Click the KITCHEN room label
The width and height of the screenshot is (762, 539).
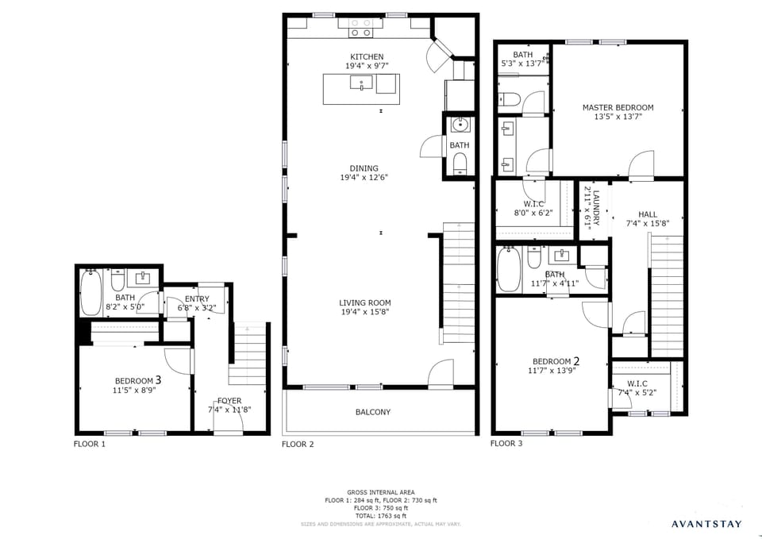[367, 57]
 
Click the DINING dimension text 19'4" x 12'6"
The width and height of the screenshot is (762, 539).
[364, 178]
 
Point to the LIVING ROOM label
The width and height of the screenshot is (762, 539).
[364, 302]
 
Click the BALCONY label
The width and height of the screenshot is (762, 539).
[372, 412]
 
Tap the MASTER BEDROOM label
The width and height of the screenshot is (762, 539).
[618, 107]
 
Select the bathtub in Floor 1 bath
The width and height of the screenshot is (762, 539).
[90, 293]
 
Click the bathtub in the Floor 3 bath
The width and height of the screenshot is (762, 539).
[508, 271]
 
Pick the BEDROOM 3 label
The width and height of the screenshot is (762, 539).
[138, 379]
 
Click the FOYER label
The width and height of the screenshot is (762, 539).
[229, 401]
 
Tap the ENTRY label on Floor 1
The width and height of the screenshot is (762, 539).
[197, 298]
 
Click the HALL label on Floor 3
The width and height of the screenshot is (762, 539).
[648, 214]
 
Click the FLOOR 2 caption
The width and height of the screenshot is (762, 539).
[298, 445]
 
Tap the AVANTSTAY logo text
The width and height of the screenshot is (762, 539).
[706, 524]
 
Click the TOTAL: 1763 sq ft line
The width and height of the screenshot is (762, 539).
[380, 516]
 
